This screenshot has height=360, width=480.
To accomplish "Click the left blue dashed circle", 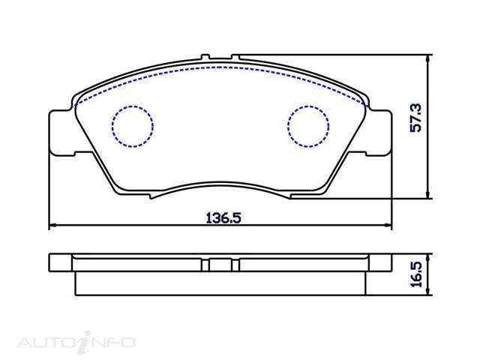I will click(x=132, y=124).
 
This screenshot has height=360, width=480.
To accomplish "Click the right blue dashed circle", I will click(x=309, y=124).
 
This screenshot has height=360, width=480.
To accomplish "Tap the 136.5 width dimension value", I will click(x=222, y=218).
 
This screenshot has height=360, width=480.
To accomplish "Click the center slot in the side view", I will click(x=220, y=265).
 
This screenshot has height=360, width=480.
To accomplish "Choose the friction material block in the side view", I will click(x=220, y=283).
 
